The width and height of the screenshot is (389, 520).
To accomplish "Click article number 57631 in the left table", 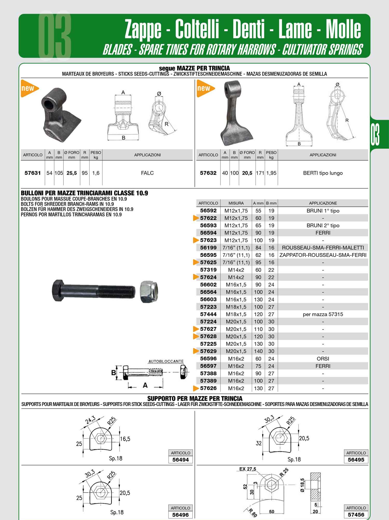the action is [33, 173].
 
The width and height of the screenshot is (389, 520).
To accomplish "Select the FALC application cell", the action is [147, 173].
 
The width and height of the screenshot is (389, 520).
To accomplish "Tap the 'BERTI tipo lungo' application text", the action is [323, 173].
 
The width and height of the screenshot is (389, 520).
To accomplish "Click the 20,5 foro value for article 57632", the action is [247, 173].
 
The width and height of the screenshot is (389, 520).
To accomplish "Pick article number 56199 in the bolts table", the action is [208, 247].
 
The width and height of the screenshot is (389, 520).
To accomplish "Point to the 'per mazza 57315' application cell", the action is [323, 314].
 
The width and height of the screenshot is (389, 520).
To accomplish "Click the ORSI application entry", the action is [323, 359].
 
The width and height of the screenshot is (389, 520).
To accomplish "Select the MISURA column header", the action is [236, 203].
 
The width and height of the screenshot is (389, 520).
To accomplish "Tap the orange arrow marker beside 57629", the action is [196, 351].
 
